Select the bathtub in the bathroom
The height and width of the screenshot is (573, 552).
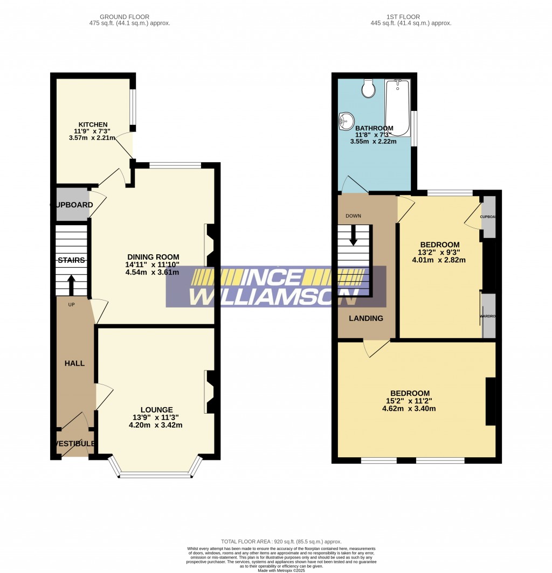397,107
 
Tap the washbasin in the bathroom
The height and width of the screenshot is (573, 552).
345,122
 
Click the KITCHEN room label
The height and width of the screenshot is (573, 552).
93,124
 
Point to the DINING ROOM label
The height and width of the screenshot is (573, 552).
153,256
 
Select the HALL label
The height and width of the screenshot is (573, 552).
74,363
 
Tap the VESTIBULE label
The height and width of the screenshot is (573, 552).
74,444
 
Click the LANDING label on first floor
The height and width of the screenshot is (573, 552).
365,318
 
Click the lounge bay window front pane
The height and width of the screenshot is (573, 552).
155,475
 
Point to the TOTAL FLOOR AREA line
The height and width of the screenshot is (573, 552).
281,541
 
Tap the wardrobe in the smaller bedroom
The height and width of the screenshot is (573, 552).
488,316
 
